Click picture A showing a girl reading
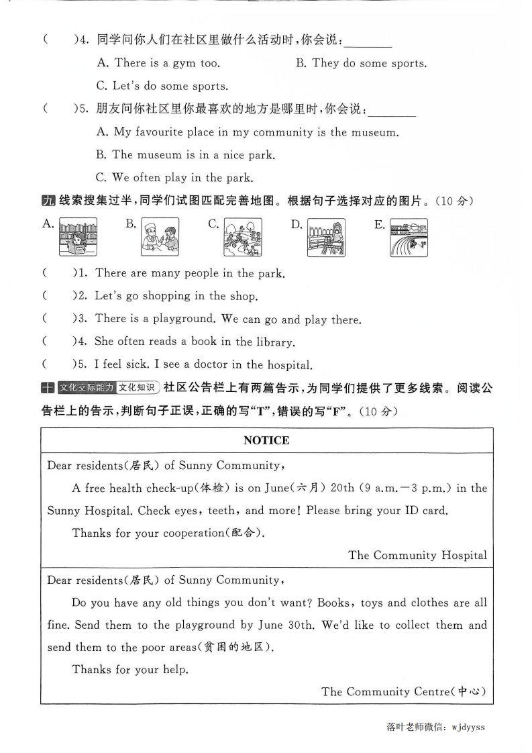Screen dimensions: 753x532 [x=78, y=237]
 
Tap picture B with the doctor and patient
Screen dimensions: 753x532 [x=160, y=237]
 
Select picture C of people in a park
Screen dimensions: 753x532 [x=243, y=238]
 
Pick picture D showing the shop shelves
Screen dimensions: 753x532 [x=326, y=238]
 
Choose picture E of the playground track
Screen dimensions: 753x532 [x=409, y=238]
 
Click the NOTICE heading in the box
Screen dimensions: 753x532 [x=266, y=440]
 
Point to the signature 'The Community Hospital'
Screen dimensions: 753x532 [x=417, y=555]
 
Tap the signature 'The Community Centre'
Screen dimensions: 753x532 [x=403, y=691]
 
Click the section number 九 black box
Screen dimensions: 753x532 [x=48, y=201]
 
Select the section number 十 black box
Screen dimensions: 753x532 [x=48, y=388]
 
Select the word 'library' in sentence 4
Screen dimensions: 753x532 [x=275, y=342]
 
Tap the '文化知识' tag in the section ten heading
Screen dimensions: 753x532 [x=137, y=388]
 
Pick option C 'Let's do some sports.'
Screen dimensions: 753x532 [x=162, y=86]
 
